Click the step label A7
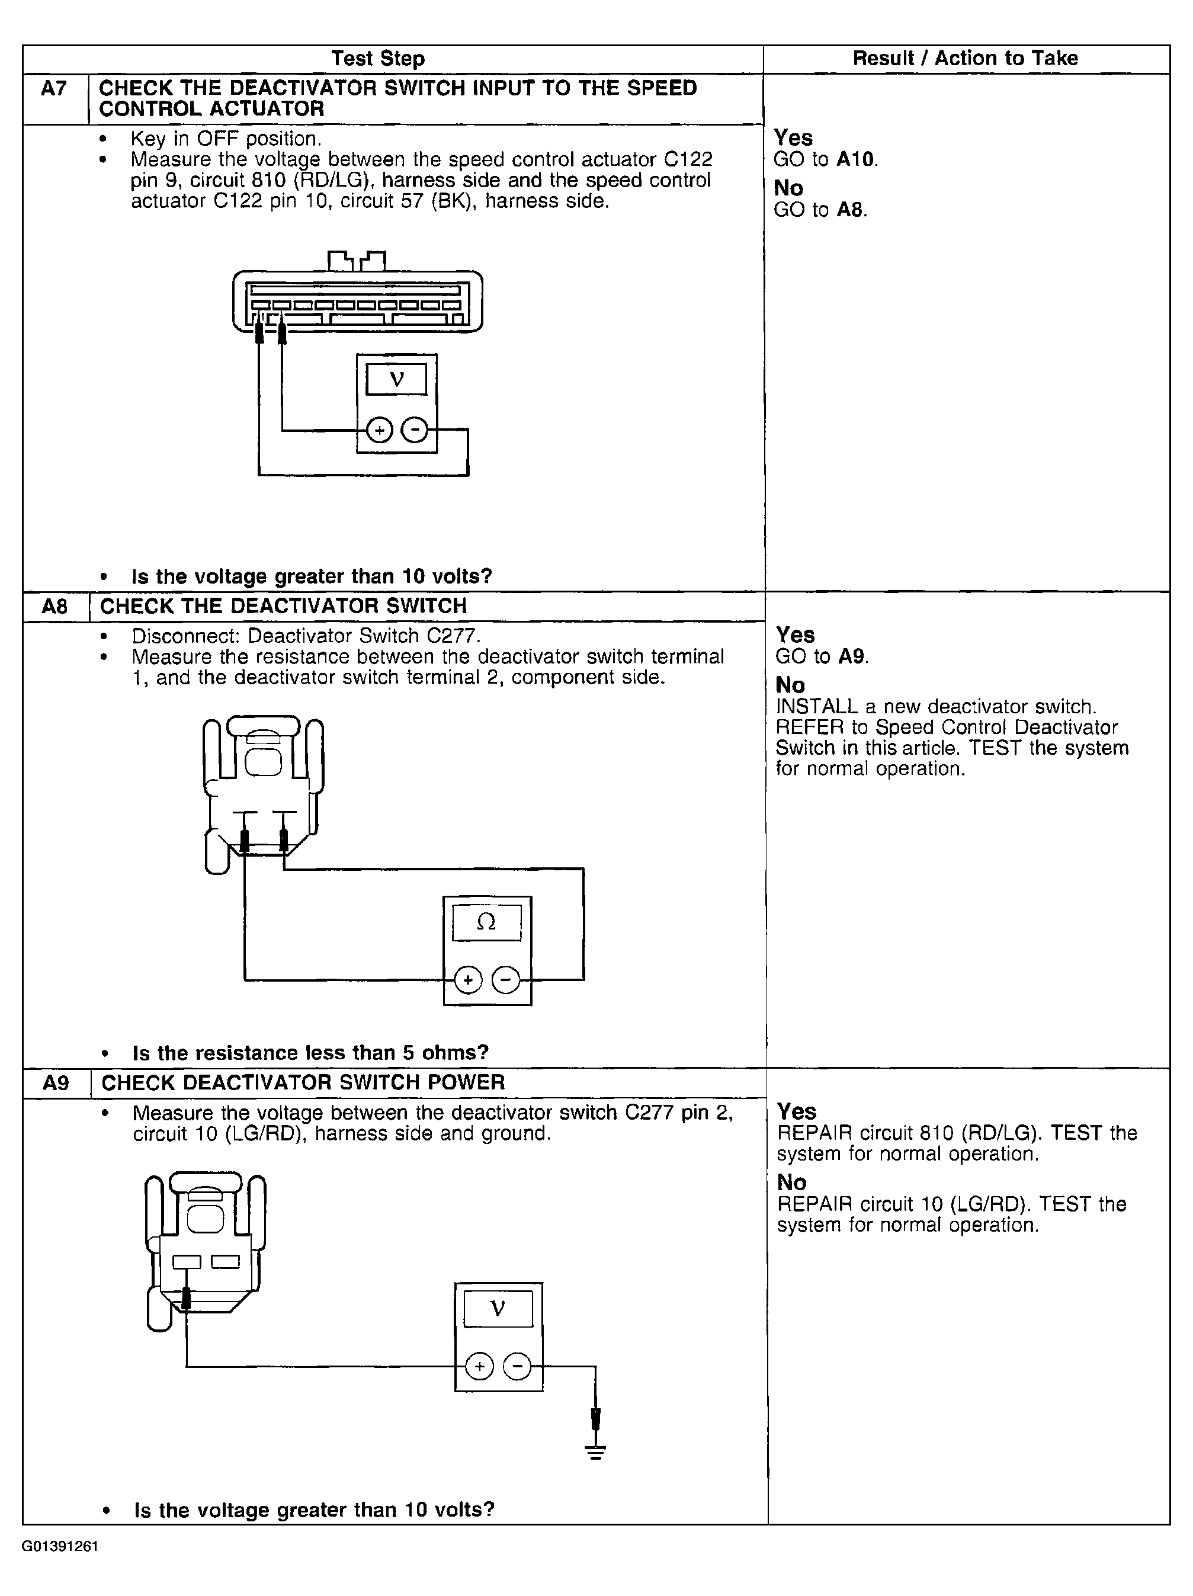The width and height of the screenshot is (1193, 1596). pos(54,89)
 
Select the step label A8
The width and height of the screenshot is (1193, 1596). pos(55,606)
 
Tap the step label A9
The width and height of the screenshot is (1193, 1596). pos(56,1083)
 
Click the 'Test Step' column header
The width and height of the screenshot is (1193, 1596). pos(378,59)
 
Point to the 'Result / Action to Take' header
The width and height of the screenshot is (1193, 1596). pos(965,59)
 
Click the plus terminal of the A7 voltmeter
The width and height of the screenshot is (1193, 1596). pos(379,431)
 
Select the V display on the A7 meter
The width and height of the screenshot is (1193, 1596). pos(396,379)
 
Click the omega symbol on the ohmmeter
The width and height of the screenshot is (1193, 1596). pos(487,922)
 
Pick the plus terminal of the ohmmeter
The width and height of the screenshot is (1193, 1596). pos(468,980)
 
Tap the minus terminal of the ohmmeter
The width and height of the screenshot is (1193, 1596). pos(506,980)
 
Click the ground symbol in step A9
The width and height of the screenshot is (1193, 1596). pos(596,1451)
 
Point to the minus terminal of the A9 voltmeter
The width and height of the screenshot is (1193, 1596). pos(517,1367)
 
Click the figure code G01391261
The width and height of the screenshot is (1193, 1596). pos(60,1546)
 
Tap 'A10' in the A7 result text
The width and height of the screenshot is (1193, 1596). pos(856,159)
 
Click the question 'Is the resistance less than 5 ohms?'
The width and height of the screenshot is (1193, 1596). pos(310,1053)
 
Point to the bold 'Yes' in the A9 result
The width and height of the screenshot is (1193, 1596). pos(796,1112)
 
